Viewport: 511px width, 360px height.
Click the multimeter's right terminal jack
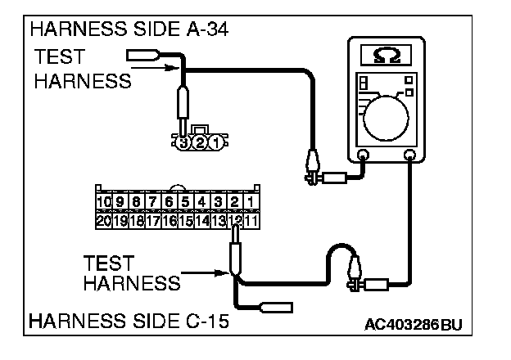pos(410,154)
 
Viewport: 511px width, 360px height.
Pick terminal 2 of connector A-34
pos(199,142)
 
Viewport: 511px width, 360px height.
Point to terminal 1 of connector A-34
pos(215,142)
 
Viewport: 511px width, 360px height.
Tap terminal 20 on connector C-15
pos(104,218)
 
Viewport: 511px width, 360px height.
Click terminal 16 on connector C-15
pos(170,218)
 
